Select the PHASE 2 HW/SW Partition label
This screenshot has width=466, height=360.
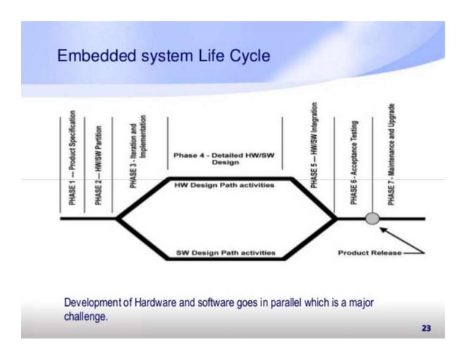pos(98,164)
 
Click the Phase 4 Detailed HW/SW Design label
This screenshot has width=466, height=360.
pos(225,158)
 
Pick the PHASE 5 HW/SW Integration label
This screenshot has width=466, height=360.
pos(314,146)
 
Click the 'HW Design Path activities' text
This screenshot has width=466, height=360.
pos(225,185)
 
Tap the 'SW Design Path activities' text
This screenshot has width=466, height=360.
pos(226,253)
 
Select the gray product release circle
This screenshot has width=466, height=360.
pos(372,218)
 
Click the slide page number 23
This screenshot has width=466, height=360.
pos(426,328)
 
